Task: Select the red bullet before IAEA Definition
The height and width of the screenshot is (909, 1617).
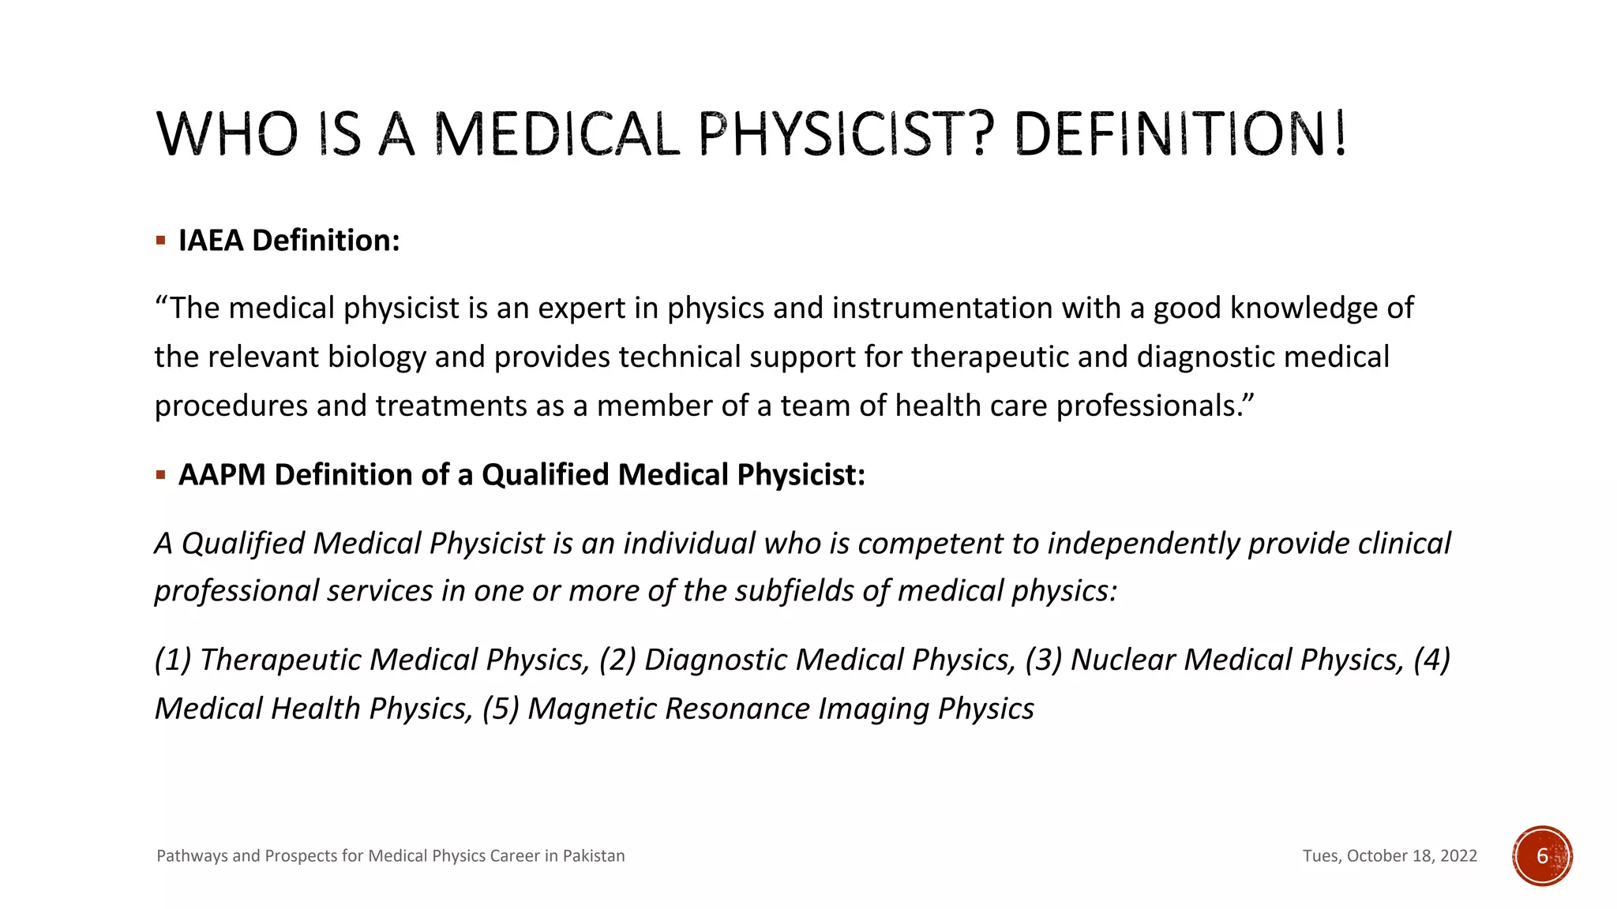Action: pos(160,240)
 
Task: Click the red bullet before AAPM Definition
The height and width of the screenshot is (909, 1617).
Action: pos(160,474)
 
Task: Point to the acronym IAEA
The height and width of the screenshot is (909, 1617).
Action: pos(211,241)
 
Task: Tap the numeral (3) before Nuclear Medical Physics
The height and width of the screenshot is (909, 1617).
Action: pos(1043,660)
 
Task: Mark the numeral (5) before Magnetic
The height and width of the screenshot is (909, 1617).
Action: pos(501,709)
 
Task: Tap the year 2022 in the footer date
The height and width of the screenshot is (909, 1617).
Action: pos(1458,856)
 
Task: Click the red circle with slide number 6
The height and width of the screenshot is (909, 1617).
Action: pos(1542,856)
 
